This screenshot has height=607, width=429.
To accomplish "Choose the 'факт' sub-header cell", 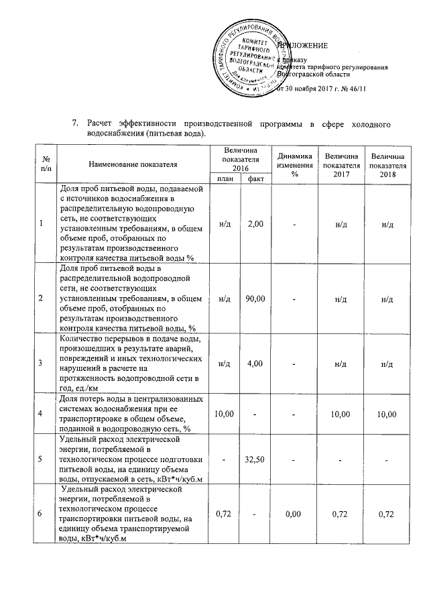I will [x=255, y=178].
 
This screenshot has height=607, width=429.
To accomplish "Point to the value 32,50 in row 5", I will [x=255, y=460].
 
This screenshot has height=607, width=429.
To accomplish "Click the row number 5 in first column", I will [x=41, y=460].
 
